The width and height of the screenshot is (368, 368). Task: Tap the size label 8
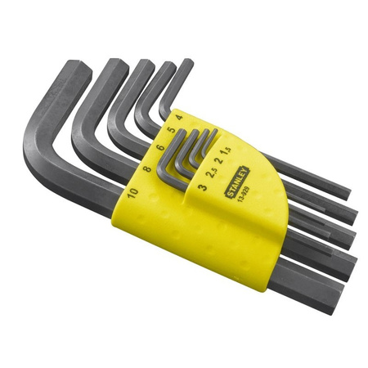pyautogui.click(x=147, y=170)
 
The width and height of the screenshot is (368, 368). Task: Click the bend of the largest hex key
pyautogui.click(x=37, y=155)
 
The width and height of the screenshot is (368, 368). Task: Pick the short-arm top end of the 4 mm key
pyautogui.click(x=186, y=63)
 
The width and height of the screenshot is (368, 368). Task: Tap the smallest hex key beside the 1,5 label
pyautogui.click(x=214, y=136)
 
